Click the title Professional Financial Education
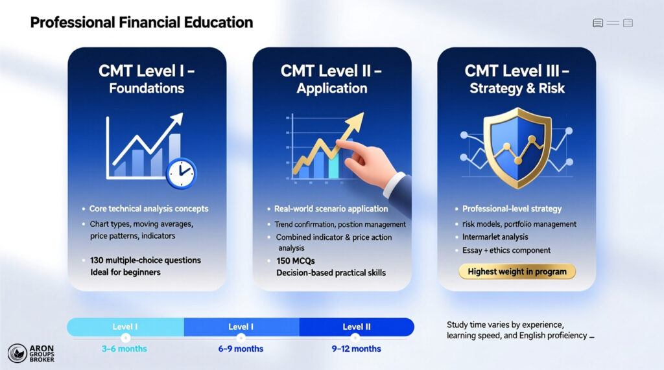click(141, 23)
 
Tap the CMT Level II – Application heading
click(332, 79)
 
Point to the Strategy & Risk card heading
click(517, 79)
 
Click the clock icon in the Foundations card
click(181, 173)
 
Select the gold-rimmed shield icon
click(517, 146)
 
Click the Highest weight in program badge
click(517, 272)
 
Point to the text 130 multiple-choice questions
click(146, 260)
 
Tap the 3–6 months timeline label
click(124, 349)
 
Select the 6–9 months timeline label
click(241, 349)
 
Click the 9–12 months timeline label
click(357, 349)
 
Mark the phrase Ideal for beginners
click(126, 272)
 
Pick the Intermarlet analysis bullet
click(495, 237)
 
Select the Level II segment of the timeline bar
click(357, 327)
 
